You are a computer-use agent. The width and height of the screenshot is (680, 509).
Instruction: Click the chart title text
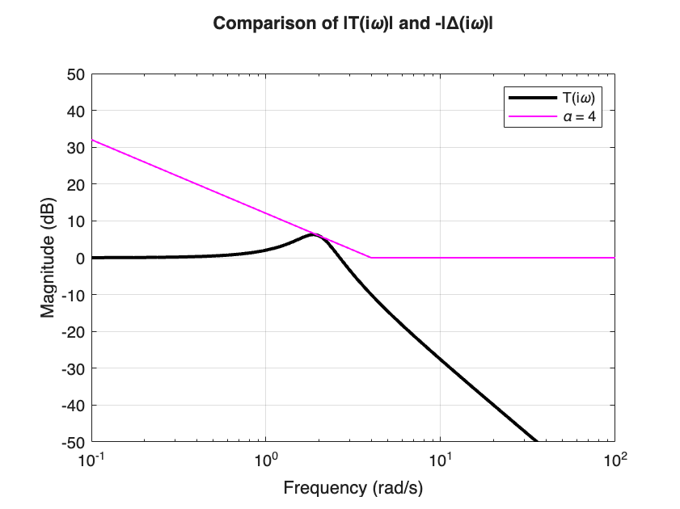(x=353, y=23)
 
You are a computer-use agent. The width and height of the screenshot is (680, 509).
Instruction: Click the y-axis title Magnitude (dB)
(x=49, y=257)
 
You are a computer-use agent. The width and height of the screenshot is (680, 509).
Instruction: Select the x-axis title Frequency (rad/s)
(x=353, y=488)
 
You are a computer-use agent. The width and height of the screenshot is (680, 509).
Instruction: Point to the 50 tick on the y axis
(x=76, y=74)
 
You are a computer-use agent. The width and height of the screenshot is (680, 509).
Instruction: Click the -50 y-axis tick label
(x=73, y=442)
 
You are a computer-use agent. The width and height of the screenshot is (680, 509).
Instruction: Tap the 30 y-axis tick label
(x=76, y=148)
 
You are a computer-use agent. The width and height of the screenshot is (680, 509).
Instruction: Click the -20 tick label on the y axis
(x=73, y=331)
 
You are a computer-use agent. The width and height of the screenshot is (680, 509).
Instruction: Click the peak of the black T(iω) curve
(x=315, y=235)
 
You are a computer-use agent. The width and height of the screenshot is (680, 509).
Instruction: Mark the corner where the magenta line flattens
(x=371, y=258)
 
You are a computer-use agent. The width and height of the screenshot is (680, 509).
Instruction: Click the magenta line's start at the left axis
(x=92, y=140)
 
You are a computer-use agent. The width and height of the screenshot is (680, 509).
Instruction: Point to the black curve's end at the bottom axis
(x=537, y=441)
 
